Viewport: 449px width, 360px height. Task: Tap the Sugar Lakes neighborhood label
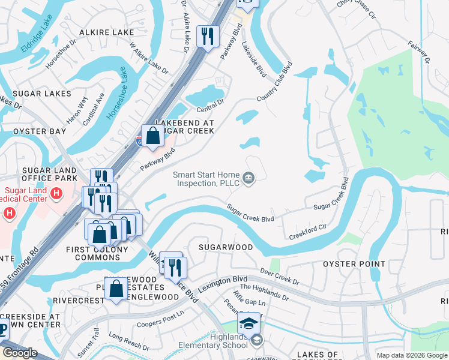pos(35,94)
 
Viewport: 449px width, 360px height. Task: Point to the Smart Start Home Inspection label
pos(206,179)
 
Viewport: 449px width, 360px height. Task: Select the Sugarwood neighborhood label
pos(225,247)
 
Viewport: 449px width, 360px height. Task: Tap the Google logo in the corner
pos(20,353)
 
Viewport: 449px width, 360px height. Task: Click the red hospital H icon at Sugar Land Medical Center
pos(56,193)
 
